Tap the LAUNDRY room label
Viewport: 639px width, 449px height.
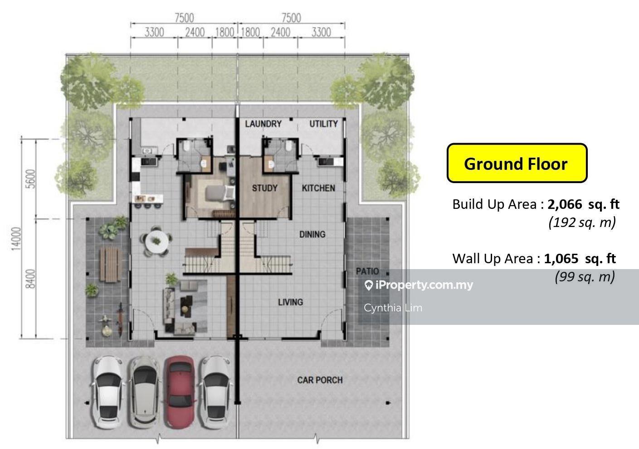(x=263, y=124)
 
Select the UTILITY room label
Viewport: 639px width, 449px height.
(x=323, y=124)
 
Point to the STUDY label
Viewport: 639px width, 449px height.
(x=264, y=188)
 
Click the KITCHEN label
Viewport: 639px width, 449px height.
(x=318, y=188)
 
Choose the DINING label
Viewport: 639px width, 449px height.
(x=312, y=234)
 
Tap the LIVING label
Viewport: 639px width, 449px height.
(x=290, y=302)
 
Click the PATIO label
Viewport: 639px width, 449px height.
(x=367, y=271)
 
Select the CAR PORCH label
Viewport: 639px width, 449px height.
(x=320, y=380)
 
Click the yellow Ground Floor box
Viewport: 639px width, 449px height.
(x=517, y=163)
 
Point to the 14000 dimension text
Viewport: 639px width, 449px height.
(x=16, y=239)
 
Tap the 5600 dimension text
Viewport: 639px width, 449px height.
(x=30, y=179)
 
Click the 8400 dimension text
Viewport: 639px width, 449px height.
(x=30, y=279)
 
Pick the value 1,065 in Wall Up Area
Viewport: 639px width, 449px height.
(x=561, y=259)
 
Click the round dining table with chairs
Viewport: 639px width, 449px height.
(x=156, y=241)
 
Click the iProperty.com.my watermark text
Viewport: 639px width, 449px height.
(x=419, y=285)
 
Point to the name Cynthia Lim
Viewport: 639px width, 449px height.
(x=393, y=308)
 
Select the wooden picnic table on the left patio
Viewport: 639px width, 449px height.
(x=110, y=265)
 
